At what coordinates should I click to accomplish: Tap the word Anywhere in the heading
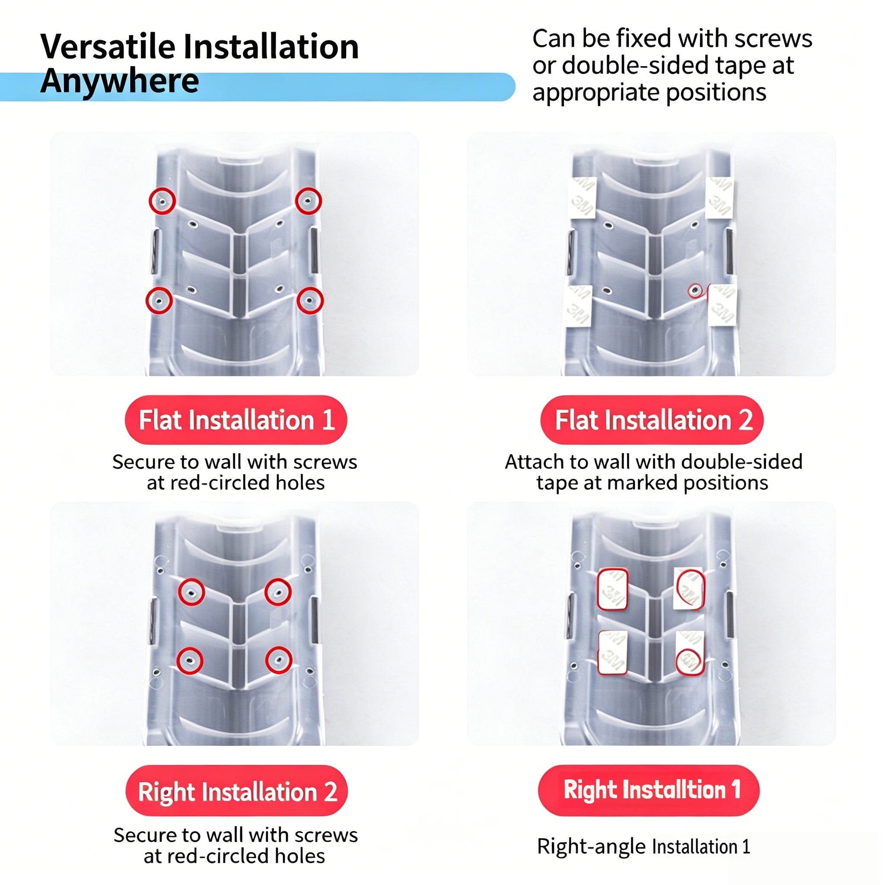120,81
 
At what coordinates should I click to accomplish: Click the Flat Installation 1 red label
236,420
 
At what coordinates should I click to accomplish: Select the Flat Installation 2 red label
652,420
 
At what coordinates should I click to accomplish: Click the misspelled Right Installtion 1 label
649,790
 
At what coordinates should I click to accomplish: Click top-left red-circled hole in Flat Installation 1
162,201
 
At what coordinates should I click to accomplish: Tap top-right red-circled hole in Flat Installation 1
308,201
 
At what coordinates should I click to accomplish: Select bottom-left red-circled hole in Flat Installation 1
159,300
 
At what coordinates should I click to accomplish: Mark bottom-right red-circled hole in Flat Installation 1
310,300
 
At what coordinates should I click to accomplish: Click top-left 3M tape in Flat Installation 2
583,197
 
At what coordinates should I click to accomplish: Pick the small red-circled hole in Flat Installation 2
695,290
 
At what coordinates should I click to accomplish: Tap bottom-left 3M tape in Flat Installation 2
579,306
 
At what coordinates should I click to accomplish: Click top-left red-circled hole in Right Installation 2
191,592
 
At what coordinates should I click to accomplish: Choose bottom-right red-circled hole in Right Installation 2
279,660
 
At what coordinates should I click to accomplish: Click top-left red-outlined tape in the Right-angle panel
612,589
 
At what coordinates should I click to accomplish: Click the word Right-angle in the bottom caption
591,847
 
